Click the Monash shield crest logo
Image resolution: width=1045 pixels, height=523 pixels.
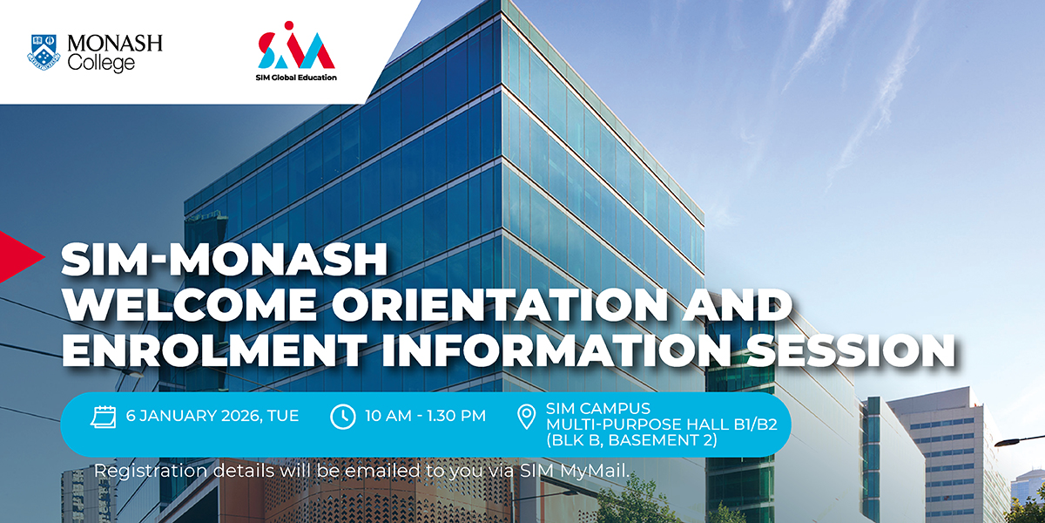(44, 52)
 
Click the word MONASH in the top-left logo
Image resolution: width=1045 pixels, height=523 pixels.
(115, 43)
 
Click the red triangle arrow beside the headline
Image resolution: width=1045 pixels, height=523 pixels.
(19, 255)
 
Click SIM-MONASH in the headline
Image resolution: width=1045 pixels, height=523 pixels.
(224, 261)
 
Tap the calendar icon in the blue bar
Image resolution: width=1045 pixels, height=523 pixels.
(104, 416)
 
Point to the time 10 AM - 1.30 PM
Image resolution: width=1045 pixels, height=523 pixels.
(426, 416)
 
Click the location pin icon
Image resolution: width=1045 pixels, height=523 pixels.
(526, 418)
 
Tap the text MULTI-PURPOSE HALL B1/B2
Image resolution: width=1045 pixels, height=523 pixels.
(661, 425)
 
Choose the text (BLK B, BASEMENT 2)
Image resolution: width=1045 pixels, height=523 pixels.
(631, 441)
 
